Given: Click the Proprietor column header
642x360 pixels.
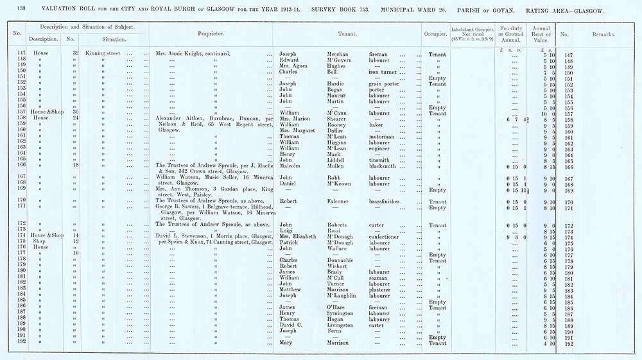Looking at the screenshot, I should coord(211,34).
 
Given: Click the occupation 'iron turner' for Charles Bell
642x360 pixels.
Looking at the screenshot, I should coord(383,72).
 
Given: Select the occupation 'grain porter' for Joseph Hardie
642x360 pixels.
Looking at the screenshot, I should coord(384,83).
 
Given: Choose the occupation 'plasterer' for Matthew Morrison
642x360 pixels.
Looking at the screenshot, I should coord(383,290).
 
